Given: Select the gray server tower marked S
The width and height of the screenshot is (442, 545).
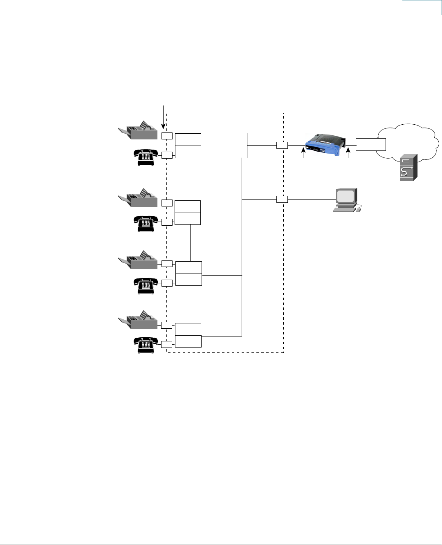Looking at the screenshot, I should (x=408, y=167).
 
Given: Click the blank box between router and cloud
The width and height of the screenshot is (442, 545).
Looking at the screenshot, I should (x=370, y=144).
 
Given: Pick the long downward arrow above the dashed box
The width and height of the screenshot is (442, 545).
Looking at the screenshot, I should (x=164, y=117).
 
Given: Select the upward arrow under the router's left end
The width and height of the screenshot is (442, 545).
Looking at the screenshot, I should (x=303, y=154).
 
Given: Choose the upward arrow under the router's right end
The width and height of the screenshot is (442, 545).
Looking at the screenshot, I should (x=348, y=154).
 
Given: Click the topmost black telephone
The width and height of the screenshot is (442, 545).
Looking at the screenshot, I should (x=146, y=157).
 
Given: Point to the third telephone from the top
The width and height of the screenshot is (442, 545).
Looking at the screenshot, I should (x=146, y=285).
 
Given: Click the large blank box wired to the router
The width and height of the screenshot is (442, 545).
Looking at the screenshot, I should (x=224, y=145).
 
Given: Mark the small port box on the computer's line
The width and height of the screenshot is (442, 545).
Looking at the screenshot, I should (x=282, y=199).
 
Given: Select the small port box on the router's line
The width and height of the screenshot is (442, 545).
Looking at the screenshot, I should (x=282, y=145).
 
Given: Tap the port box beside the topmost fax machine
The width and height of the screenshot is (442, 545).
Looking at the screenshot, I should (x=167, y=136).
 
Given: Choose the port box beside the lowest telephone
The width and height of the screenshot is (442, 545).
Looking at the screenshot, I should (x=167, y=344).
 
